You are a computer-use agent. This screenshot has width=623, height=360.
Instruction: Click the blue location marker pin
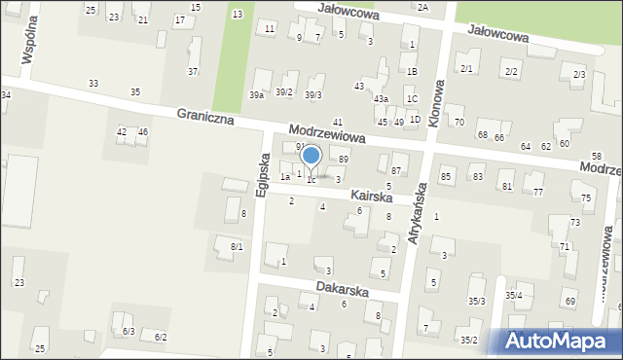pos(311,158)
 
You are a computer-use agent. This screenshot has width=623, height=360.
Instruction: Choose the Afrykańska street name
pos(416,213)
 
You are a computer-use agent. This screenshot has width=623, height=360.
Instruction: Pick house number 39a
pos(256,94)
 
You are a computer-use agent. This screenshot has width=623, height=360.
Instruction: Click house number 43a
pos(384,99)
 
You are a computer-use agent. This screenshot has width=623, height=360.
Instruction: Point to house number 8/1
pos(237,247)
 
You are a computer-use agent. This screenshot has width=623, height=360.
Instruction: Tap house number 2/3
pos(579,75)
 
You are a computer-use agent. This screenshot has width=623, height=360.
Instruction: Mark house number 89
pos(343,159)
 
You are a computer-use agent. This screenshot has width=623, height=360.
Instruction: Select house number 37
pos(193,72)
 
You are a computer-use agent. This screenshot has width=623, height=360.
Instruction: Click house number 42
pos(122,131)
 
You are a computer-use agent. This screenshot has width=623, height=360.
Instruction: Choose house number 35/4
pos(513,295)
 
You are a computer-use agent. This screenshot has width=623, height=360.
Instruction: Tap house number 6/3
pos(128,332)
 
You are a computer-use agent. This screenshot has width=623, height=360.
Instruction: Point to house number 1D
pos(415,119)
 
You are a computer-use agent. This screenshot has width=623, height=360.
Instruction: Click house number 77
pos(538,193)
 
